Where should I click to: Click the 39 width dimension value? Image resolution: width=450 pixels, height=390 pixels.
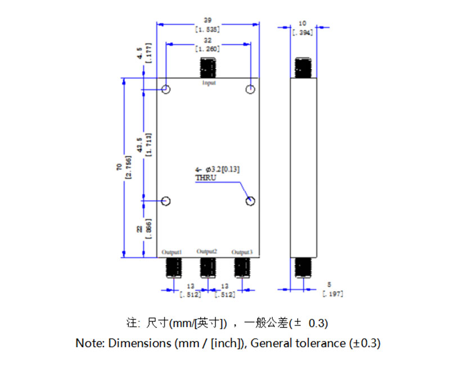pyautogui.click(x=208, y=20)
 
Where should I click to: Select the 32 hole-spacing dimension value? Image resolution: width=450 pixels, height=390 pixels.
pyautogui.click(x=208, y=40)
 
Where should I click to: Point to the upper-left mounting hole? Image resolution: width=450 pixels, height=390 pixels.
pyautogui.click(x=166, y=90)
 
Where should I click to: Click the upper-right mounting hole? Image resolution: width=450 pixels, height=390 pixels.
pyautogui.click(x=250, y=90)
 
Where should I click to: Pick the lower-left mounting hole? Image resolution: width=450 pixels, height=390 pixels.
pyautogui.click(x=166, y=201)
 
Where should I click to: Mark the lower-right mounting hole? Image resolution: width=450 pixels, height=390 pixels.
pyautogui.click(x=250, y=201)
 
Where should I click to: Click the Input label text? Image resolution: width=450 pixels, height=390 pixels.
pyautogui.click(x=209, y=83)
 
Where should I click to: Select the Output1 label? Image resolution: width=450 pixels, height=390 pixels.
pyautogui.click(x=172, y=251)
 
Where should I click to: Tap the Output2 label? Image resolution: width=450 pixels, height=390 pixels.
pyautogui.click(x=207, y=251)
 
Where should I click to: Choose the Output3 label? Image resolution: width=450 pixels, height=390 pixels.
pyautogui.click(x=242, y=251)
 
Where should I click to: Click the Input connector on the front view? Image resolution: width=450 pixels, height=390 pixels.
pyautogui.click(x=208, y=68)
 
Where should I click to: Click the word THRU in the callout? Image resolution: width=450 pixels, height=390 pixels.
pyautogui.click(x=205, y=178)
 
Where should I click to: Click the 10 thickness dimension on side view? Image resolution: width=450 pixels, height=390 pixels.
pyautogui.click(x=303, y=23)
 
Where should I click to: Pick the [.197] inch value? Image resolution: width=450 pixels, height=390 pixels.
pyautogui.click(x=333, y=294)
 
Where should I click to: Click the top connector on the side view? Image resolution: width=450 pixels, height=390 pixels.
pyautogui.click(x=304, y=68)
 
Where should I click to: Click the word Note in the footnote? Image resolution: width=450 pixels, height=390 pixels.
pyautogui.click(x=90, y=343)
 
